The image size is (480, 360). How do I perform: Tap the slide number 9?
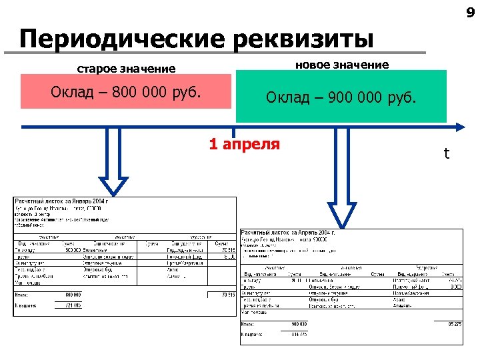coord(470,11)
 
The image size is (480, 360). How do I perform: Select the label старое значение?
coord(127,69)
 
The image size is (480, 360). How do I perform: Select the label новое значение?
coord(342,65)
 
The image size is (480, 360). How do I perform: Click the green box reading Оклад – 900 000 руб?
coord(341,97)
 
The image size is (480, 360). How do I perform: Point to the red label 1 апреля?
coord(245,144)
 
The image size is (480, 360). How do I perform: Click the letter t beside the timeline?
coord(447,154)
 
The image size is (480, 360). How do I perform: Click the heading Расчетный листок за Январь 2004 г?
coord(61,201)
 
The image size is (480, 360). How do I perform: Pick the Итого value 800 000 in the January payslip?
coord(73,294)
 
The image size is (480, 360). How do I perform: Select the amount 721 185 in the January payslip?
coord(73,305)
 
